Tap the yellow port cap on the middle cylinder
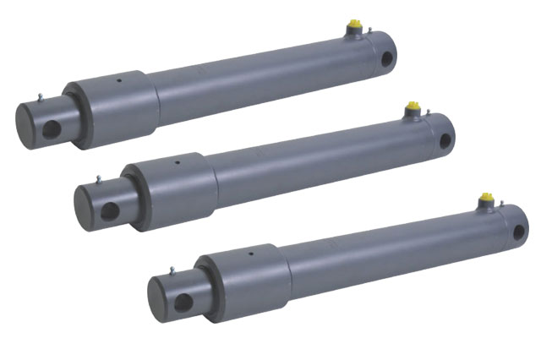click(x=413, y=108)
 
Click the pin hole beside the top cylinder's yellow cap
click(x=388, y=58)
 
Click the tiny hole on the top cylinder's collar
click(x=118, y=82)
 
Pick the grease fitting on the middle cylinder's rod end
click(x=100, y=177)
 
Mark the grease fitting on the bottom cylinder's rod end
click(x=172, y=270)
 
